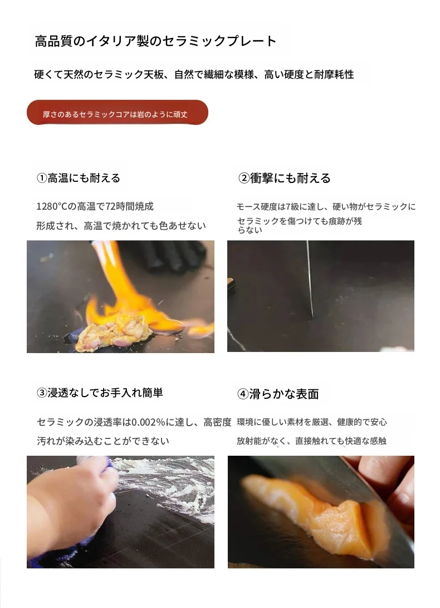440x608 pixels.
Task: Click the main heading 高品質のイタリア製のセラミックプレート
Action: click(156, 41)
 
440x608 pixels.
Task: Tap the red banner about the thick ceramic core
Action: click(118, 113)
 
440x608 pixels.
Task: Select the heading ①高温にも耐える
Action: click(79, 178)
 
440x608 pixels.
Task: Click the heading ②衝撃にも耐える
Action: click(284, 178)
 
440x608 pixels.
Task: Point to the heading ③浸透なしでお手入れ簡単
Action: click(100, 393)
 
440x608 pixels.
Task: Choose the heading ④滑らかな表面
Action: click(278, 394)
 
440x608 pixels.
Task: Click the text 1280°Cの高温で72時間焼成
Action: click(95, 206)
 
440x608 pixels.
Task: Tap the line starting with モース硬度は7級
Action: click(326, 207)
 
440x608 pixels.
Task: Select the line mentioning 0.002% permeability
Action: click(134, 422)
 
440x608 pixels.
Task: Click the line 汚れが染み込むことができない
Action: click(103, 441)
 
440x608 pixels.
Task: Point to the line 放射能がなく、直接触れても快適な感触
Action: click(312, 441)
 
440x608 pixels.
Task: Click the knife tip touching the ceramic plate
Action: click(312, 317)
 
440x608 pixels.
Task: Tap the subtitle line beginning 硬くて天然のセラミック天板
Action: click(194, 74)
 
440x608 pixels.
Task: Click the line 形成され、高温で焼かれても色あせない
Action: click(121, 226)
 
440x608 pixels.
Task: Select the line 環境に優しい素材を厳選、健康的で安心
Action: click(312, 422)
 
